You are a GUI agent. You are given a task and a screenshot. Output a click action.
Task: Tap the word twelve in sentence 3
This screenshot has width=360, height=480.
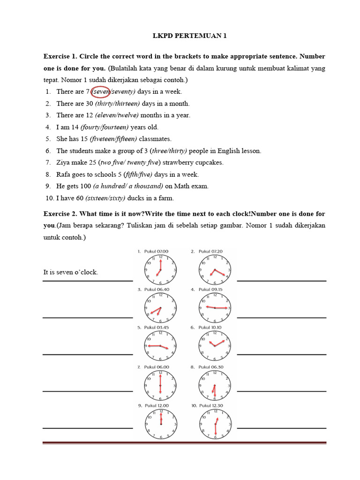[128, 115]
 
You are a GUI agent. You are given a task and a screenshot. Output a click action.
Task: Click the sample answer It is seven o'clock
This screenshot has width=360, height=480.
[71, 272]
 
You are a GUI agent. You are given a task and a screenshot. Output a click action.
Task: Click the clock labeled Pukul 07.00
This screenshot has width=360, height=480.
[160, 270]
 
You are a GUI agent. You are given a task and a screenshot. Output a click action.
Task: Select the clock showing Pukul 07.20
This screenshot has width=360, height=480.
[215, 270]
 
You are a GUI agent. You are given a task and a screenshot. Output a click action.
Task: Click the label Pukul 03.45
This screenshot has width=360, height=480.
[156, 328]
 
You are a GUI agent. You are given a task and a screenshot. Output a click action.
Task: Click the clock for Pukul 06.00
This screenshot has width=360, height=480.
[160, 385]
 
